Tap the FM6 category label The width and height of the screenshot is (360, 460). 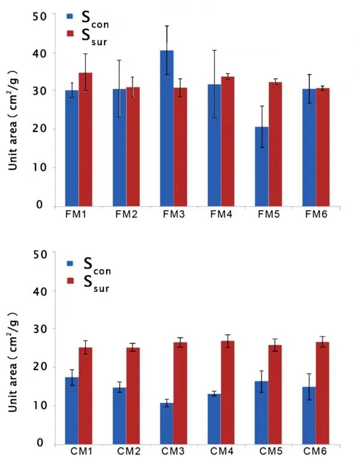(316, 214)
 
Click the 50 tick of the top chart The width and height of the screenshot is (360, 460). (39, 15)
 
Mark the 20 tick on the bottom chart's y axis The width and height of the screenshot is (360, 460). (39, 368)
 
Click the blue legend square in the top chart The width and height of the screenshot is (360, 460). (70, 18)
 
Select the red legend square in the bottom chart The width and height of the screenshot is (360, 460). (70, 281)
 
